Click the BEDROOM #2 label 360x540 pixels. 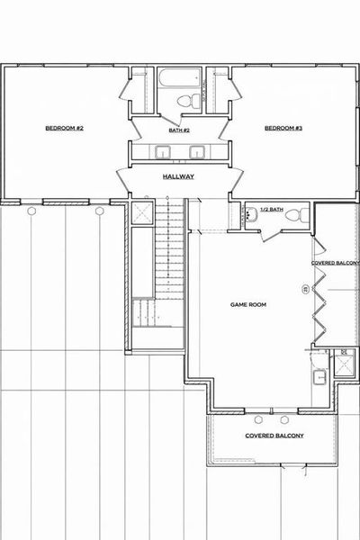point(65,129)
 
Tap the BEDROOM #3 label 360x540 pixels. point(283,129)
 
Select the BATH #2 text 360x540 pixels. point(179,130)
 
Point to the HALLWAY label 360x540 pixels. point(179,176)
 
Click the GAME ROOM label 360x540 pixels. point(247,306)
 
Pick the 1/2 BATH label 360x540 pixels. point(271,210)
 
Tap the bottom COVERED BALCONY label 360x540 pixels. point(274,436)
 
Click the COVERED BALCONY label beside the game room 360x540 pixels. point(336,263)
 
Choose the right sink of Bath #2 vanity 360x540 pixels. point(193,151)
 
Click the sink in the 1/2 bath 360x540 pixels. point(247,215)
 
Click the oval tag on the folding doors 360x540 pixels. point(305,290)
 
